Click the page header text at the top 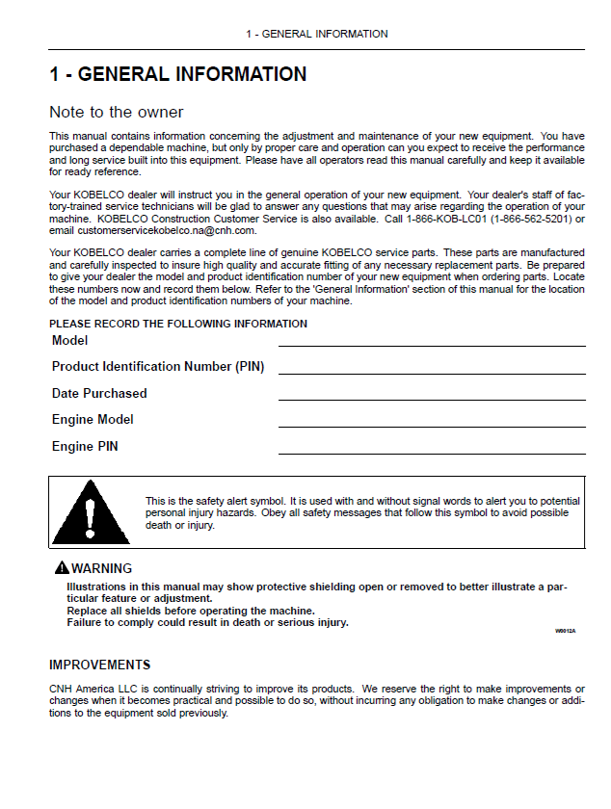pos(316,34)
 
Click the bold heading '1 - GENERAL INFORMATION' pos(178,74)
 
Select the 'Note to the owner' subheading pos(117,113)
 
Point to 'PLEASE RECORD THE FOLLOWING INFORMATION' pos(178,324)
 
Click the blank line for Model pos(432,344)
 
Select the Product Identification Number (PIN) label pos(158,367)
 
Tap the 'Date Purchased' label pos(99,393)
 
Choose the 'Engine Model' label pos(93,420)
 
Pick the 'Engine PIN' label pos(85,447)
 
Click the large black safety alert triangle pos(92,512)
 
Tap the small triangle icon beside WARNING pos(62,568)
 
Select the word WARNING pos(102,568)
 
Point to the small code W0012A pos(565,631)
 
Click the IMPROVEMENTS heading pos(100,665)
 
